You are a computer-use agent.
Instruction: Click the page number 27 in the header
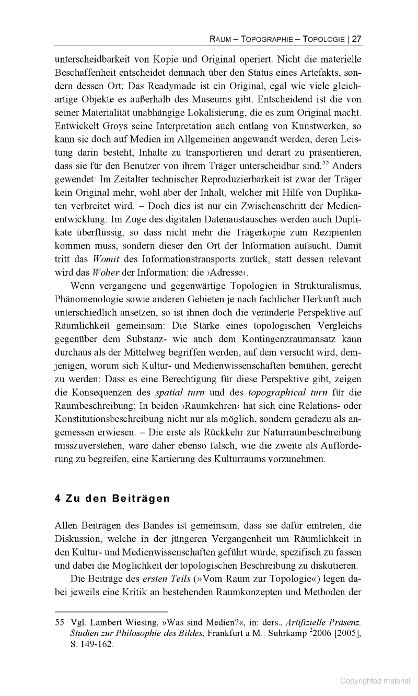357,39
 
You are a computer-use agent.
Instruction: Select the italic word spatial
170,392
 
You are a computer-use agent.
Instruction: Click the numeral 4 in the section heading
57,498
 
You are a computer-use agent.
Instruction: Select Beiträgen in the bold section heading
141,498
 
